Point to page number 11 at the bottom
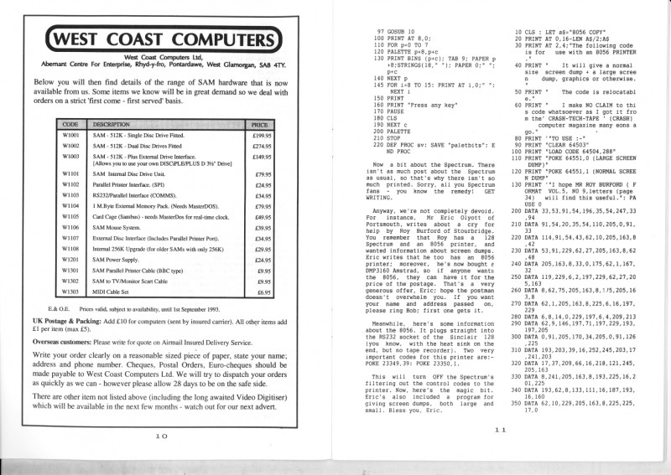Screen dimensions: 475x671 (502, 430)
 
